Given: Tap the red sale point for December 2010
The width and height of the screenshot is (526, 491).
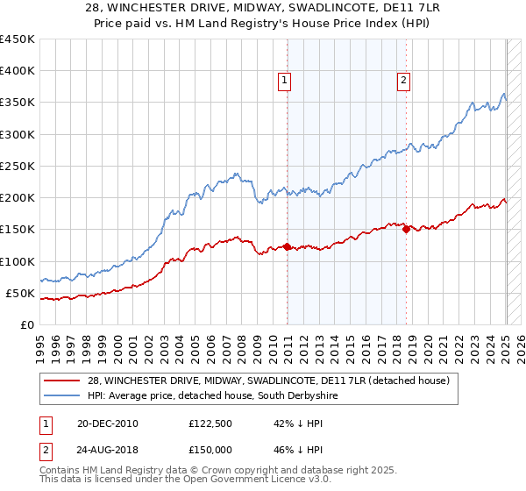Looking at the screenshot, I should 287,246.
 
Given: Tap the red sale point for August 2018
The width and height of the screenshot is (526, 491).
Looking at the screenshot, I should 406,229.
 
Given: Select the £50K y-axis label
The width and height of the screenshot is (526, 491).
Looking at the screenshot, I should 19,293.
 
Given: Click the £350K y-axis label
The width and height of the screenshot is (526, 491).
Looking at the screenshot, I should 17,103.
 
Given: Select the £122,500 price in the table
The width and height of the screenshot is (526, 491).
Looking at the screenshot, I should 211,423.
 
